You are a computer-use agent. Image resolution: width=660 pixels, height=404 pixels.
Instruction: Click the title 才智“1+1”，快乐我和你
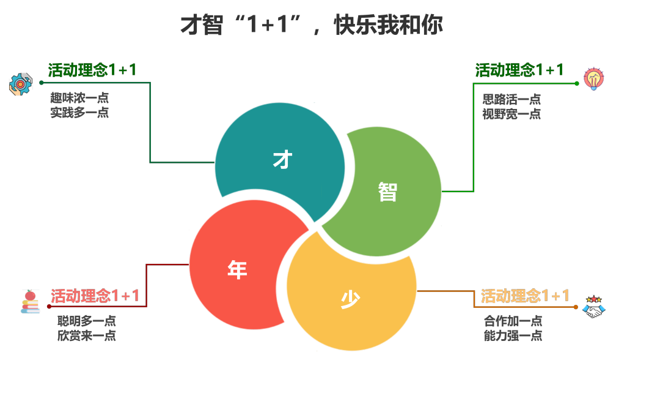312,24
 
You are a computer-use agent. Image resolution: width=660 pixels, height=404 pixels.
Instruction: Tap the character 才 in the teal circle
282,160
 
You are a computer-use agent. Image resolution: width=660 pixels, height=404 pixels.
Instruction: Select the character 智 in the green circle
387,192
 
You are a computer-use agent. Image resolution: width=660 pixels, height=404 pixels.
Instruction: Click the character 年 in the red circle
237,269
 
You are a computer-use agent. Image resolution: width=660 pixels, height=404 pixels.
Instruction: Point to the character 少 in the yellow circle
350,299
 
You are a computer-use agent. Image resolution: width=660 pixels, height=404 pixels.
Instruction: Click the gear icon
21,84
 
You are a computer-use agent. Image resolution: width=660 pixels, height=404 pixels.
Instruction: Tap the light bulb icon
593,78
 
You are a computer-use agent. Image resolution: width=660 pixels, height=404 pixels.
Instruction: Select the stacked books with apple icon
31,302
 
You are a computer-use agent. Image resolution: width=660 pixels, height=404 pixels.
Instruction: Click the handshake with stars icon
593,307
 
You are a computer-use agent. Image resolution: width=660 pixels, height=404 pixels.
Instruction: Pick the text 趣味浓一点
79,98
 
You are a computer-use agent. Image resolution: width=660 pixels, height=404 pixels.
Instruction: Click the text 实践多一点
79,113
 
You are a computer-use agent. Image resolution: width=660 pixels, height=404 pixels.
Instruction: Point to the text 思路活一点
512,100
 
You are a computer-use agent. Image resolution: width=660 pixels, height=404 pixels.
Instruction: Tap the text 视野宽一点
512,114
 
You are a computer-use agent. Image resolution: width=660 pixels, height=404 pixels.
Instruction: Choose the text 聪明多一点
87,321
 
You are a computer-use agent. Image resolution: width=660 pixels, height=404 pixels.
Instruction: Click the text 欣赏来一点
87,335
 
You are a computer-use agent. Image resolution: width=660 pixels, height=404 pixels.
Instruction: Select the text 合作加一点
513,321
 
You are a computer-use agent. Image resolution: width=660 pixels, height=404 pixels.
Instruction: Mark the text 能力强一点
513,335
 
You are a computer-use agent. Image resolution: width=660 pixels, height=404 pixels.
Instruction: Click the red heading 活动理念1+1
95,296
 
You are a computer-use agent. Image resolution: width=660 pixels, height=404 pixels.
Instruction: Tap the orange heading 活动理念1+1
525,296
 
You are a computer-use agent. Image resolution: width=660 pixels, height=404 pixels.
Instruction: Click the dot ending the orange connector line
576,307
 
